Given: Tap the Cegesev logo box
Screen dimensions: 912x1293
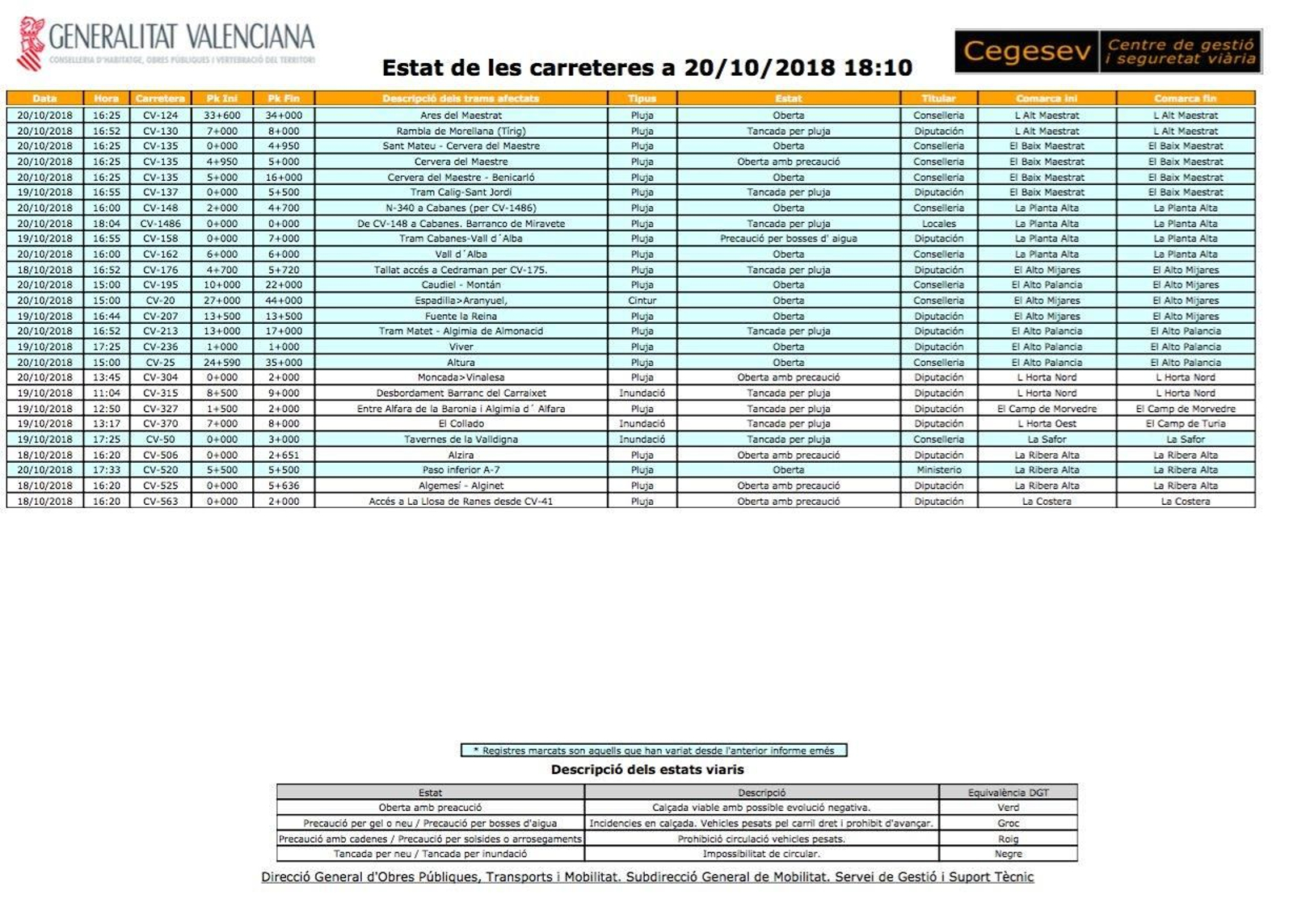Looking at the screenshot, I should click(1107, 52).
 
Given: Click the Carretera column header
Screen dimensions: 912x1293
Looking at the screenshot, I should click(160, 99).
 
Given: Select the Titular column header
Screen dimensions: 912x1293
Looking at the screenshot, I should click(938, 99).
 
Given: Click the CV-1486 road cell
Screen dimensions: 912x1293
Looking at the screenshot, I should click(160, 224).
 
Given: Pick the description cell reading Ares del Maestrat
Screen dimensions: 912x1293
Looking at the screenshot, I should click(461, 116).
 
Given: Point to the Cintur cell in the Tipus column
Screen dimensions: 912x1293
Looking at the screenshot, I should click(642, 300).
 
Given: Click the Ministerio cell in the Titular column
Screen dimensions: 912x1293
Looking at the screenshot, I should click(938, 470).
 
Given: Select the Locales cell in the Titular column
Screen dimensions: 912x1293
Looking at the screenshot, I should click(938, 224).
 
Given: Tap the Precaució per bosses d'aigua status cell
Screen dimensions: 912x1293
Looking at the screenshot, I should click(788, 239).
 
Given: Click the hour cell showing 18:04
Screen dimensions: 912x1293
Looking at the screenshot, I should click(106, 224).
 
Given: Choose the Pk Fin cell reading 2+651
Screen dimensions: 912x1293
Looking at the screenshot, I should click(283, 455).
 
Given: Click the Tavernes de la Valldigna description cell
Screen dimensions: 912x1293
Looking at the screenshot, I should click(461, 439).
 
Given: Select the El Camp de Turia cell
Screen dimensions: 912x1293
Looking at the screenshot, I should click(1185, 424).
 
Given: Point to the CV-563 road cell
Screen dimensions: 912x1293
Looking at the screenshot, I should click(160, 502).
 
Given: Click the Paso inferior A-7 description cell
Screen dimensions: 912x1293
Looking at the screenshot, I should click(461, 470).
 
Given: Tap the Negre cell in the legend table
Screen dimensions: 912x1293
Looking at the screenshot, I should click(1008, 854).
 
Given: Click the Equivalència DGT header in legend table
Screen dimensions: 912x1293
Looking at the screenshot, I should click(1008, 792).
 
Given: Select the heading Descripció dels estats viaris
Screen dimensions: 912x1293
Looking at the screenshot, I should click(646, 770).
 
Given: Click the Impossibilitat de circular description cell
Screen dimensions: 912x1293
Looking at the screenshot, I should click(760, 854).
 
